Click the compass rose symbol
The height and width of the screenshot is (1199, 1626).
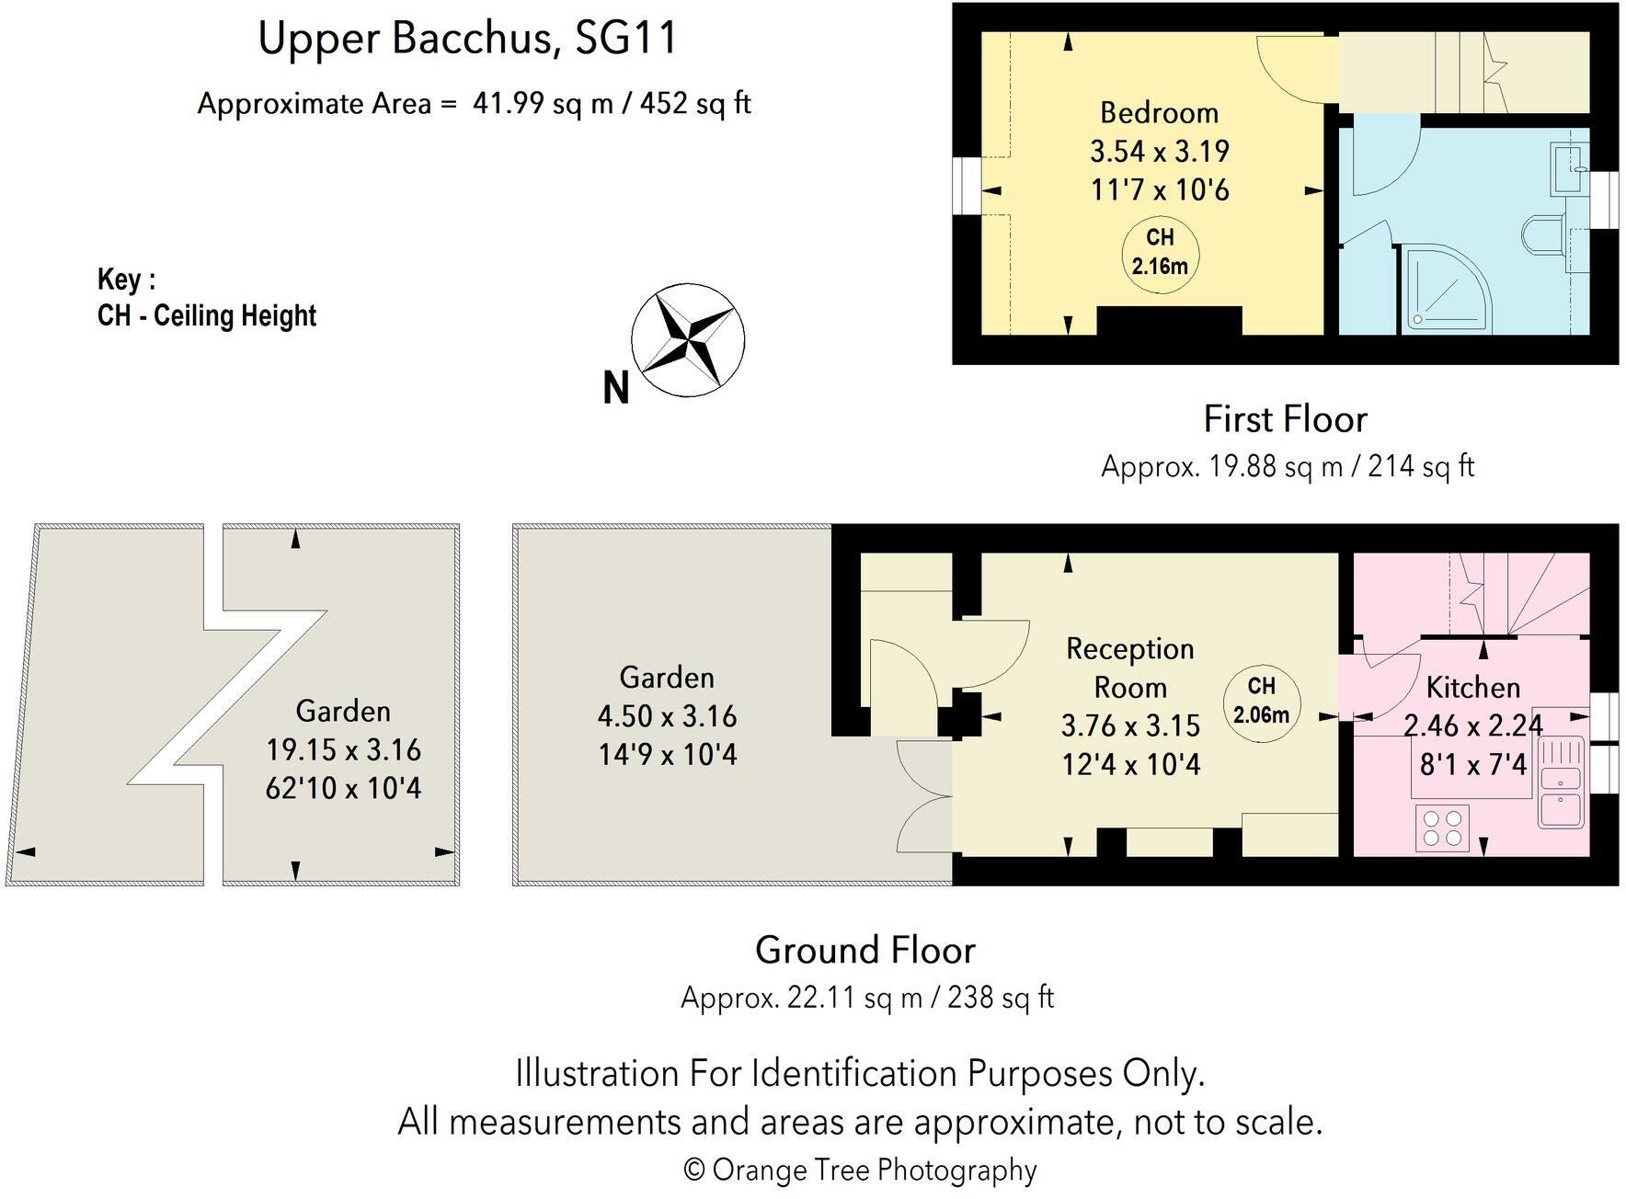tap(687, 340)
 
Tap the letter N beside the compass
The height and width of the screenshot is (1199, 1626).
tap(615, 388)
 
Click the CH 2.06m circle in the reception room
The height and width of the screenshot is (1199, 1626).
tap(1261, 700)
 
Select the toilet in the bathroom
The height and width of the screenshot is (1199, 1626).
tap(1545, 234)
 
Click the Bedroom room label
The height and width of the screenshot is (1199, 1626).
tap(1159, 113)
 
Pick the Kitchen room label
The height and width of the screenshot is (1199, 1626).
tap(1472, 688)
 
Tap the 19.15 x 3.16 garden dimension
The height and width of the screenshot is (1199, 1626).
tap(343, 750)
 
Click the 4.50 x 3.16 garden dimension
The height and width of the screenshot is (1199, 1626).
tap(667, 716)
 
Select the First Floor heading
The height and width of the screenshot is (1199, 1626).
tap(1285, 419)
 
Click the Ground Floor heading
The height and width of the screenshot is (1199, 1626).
tap(865, 950)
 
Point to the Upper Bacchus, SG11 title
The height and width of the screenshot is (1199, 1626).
tap(467, 39)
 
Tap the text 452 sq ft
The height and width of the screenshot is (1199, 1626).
tap(695, 103)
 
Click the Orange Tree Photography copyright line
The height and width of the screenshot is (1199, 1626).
tap(860, 1170)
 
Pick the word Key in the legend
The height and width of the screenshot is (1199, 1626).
tap(120, 279)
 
